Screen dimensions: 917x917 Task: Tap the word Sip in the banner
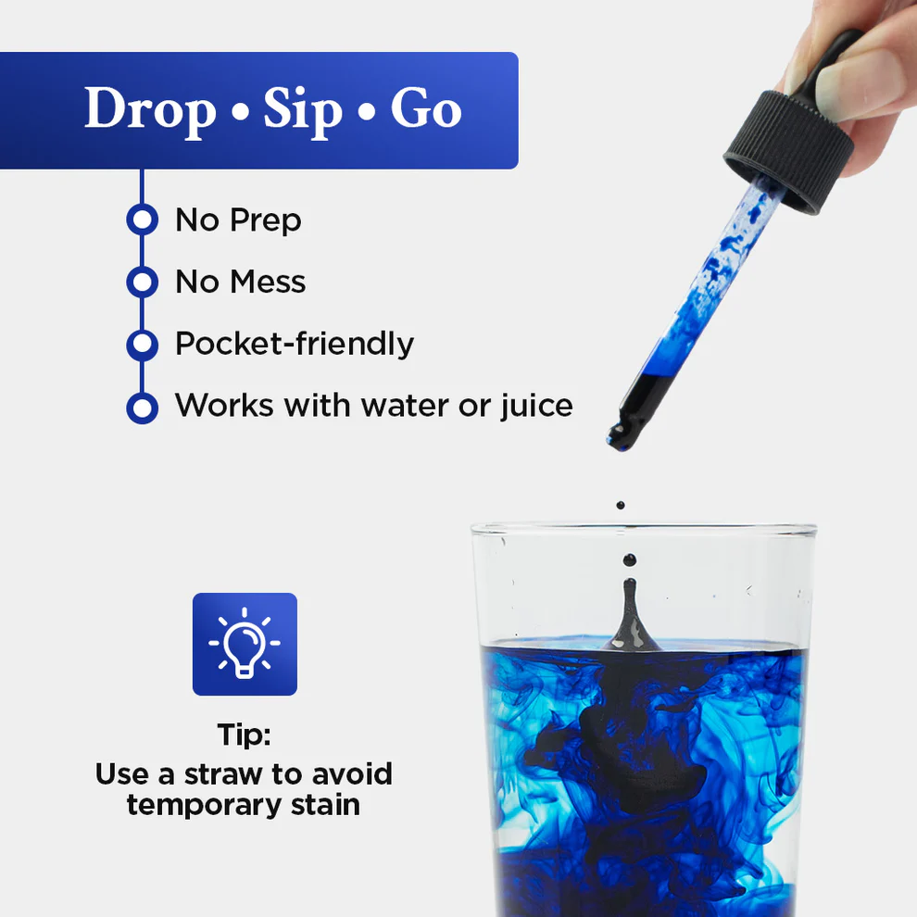(303, 110)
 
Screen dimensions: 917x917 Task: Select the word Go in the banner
(425, 110)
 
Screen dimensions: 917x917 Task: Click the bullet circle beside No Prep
(142, 220)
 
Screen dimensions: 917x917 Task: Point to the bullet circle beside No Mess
(142, 282)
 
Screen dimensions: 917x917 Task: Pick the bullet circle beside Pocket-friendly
(142, 344)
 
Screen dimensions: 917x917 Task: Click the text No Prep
(238, 220)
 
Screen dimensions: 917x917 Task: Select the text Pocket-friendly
(295, 344)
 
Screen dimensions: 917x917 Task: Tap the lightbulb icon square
(245, 644)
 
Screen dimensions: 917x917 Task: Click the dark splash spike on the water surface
(630, 616)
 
